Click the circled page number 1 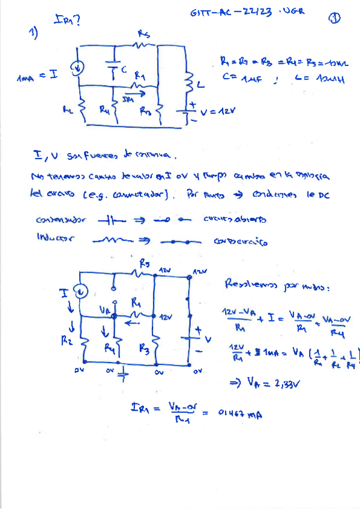tap(334, 18)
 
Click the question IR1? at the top tap(68, 21)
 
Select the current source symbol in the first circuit tap(79, 69)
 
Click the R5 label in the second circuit tap(144, 264)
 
